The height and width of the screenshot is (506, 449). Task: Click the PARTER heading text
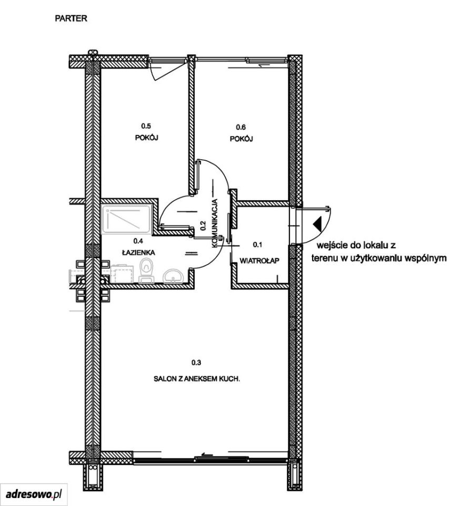71,18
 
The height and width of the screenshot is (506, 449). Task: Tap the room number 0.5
146,125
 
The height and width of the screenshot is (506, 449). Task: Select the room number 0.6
241,127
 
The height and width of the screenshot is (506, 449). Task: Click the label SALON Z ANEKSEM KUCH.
197,379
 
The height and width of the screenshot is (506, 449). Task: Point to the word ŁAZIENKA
138,252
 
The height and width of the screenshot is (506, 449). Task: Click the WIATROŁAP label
260,260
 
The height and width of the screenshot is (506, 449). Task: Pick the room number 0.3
196,363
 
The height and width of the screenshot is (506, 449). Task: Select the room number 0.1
257,245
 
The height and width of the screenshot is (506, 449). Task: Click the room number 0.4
138,241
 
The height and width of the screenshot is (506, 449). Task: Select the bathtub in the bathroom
126,219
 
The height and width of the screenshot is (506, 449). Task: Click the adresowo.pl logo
34,494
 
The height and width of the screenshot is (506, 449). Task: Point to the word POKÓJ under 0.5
147,138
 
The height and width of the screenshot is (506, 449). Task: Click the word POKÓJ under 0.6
241,139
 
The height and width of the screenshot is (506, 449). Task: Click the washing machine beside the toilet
122,274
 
